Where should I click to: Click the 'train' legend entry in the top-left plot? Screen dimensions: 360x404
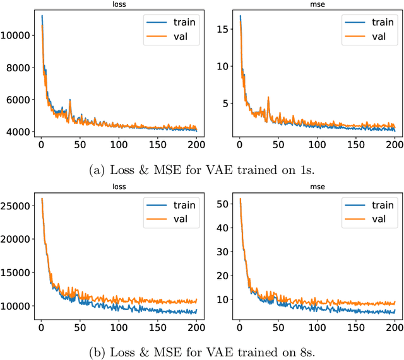tap(185, 22)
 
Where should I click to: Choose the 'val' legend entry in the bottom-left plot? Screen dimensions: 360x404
tap(181, 219)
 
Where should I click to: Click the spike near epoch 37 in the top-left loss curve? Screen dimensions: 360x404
tap(69, 100)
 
